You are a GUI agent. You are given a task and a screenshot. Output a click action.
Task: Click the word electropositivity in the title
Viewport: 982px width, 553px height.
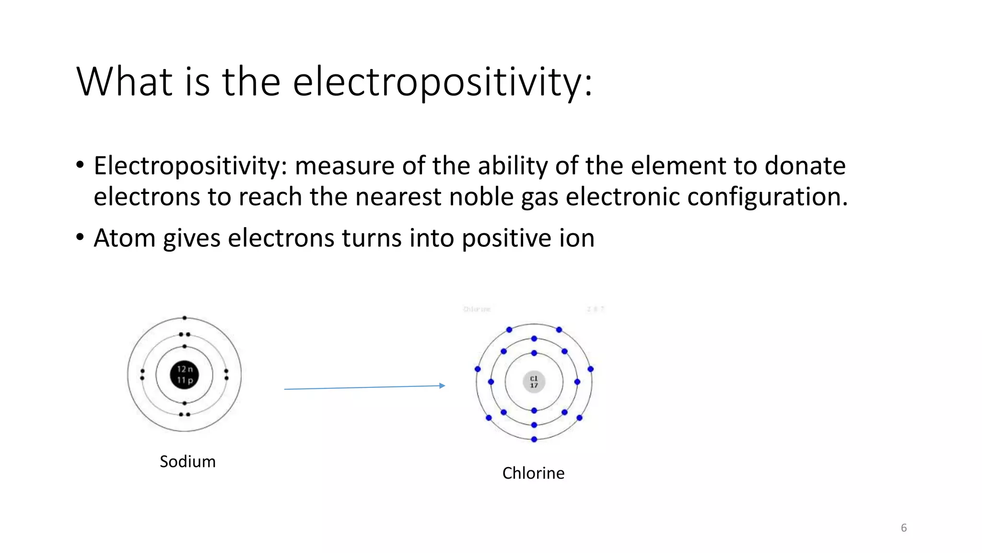tap(442, 82)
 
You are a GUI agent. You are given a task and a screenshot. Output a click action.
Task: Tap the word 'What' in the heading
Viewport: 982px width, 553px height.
tap(124, 82)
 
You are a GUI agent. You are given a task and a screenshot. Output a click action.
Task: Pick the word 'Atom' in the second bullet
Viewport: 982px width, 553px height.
tap(124, 238)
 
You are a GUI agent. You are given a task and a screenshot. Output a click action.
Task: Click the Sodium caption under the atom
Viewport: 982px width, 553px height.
tap(187, 461)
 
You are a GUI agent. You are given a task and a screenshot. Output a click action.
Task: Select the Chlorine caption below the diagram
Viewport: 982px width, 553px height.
tap(533, 473)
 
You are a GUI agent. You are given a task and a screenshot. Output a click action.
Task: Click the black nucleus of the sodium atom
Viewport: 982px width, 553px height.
tap(185, 375)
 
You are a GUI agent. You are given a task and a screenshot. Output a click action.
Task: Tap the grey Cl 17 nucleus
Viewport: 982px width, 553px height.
tap(534, 382)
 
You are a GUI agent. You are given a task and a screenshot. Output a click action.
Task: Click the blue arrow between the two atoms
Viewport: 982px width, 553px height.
tap(364, 387)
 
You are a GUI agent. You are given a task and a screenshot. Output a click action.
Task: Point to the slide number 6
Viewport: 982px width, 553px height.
tap(903, 528)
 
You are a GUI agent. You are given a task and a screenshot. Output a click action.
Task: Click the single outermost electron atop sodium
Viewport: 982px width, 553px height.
tap(185, 318)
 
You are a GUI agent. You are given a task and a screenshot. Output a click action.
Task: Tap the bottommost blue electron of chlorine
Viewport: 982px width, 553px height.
tap(534, 439)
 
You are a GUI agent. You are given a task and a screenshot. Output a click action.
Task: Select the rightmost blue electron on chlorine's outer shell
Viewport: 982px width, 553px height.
tap(591, 369)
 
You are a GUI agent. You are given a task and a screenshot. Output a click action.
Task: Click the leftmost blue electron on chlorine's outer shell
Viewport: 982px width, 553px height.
tap(478, 369)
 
